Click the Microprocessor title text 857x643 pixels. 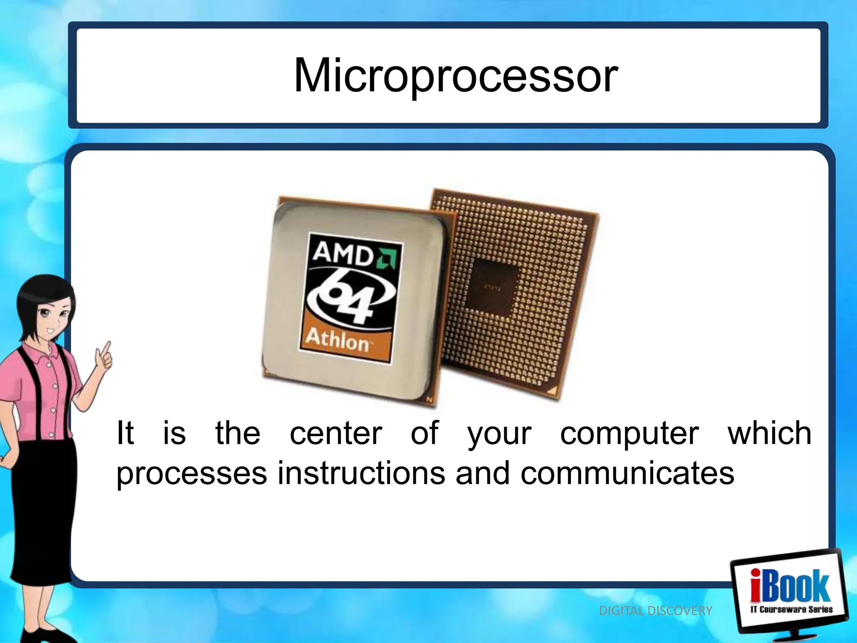[456, 76]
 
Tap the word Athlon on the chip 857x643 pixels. [337, 340]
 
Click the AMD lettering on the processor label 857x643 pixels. [343, 253]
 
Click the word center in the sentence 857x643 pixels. [336, 433]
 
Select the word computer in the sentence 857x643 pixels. [629, 433]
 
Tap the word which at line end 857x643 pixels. [770, 433]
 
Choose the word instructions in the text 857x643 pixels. [362, 473]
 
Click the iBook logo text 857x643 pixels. [789, 586]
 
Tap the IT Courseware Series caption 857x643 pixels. [791, 609]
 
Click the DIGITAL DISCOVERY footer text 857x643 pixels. [655, 611]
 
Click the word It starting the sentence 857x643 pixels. [125, 433]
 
